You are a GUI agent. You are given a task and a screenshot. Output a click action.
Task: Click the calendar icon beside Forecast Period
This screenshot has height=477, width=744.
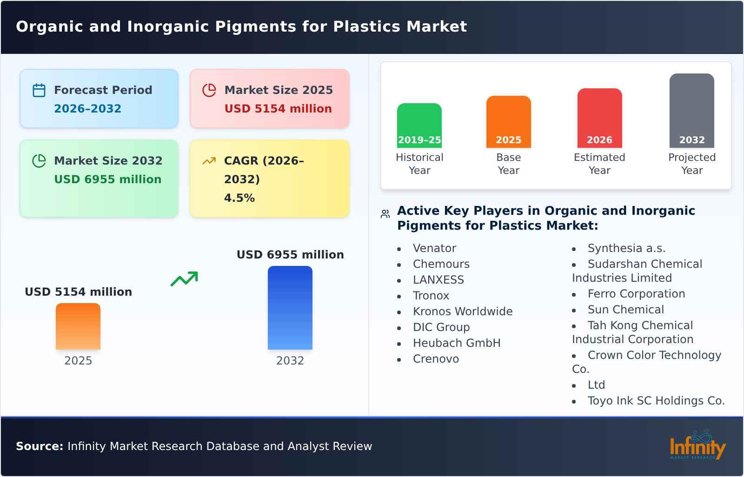coord(39,90)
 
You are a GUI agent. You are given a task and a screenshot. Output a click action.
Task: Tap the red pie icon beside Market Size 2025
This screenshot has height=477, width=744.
coord(209,90)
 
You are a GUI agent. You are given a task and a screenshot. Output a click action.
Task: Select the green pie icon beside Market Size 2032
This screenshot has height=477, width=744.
coord(39,161)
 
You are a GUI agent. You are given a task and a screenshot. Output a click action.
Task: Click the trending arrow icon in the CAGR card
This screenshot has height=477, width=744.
coord(209,161)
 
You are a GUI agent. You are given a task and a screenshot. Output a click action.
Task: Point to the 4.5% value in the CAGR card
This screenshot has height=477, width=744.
coord(239,198)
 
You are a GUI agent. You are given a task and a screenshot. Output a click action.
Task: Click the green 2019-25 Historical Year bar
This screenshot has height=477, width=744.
coord(419,125)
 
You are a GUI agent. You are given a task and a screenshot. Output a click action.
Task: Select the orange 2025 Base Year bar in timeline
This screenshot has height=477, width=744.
coord(508,121)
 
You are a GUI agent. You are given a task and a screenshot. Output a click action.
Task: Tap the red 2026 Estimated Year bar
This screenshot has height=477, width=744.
coord(599,118)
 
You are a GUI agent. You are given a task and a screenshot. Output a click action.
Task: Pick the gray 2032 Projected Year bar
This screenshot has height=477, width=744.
coord(691,110)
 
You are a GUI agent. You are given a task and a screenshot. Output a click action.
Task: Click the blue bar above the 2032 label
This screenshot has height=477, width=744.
coord(290,307)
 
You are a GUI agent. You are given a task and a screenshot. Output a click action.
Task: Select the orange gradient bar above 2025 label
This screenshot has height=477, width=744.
coord(78,326)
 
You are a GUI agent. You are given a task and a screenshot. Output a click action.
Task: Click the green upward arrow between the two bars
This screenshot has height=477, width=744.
coord(185,278)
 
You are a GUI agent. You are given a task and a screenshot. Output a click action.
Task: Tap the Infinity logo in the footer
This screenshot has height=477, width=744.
coord(697,446)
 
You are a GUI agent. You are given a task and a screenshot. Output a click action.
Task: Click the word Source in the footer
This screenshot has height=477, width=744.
coord(39,446)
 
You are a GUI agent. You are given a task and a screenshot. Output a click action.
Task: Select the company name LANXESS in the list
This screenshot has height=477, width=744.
coord(438,280)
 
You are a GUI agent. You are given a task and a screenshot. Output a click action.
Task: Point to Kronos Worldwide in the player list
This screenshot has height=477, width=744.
coord(462,311)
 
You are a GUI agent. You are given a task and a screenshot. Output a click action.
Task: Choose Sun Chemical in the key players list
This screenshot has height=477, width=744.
coord(625,310)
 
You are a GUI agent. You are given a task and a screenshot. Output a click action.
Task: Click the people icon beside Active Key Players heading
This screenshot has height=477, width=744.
coord(385,214)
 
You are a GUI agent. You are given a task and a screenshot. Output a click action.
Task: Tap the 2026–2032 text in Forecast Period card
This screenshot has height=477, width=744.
coord(87,109)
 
